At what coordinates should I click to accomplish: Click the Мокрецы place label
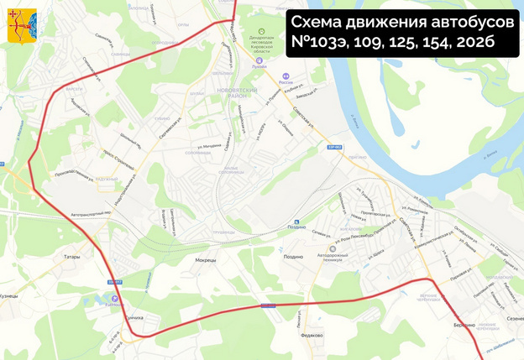[205, 260]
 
